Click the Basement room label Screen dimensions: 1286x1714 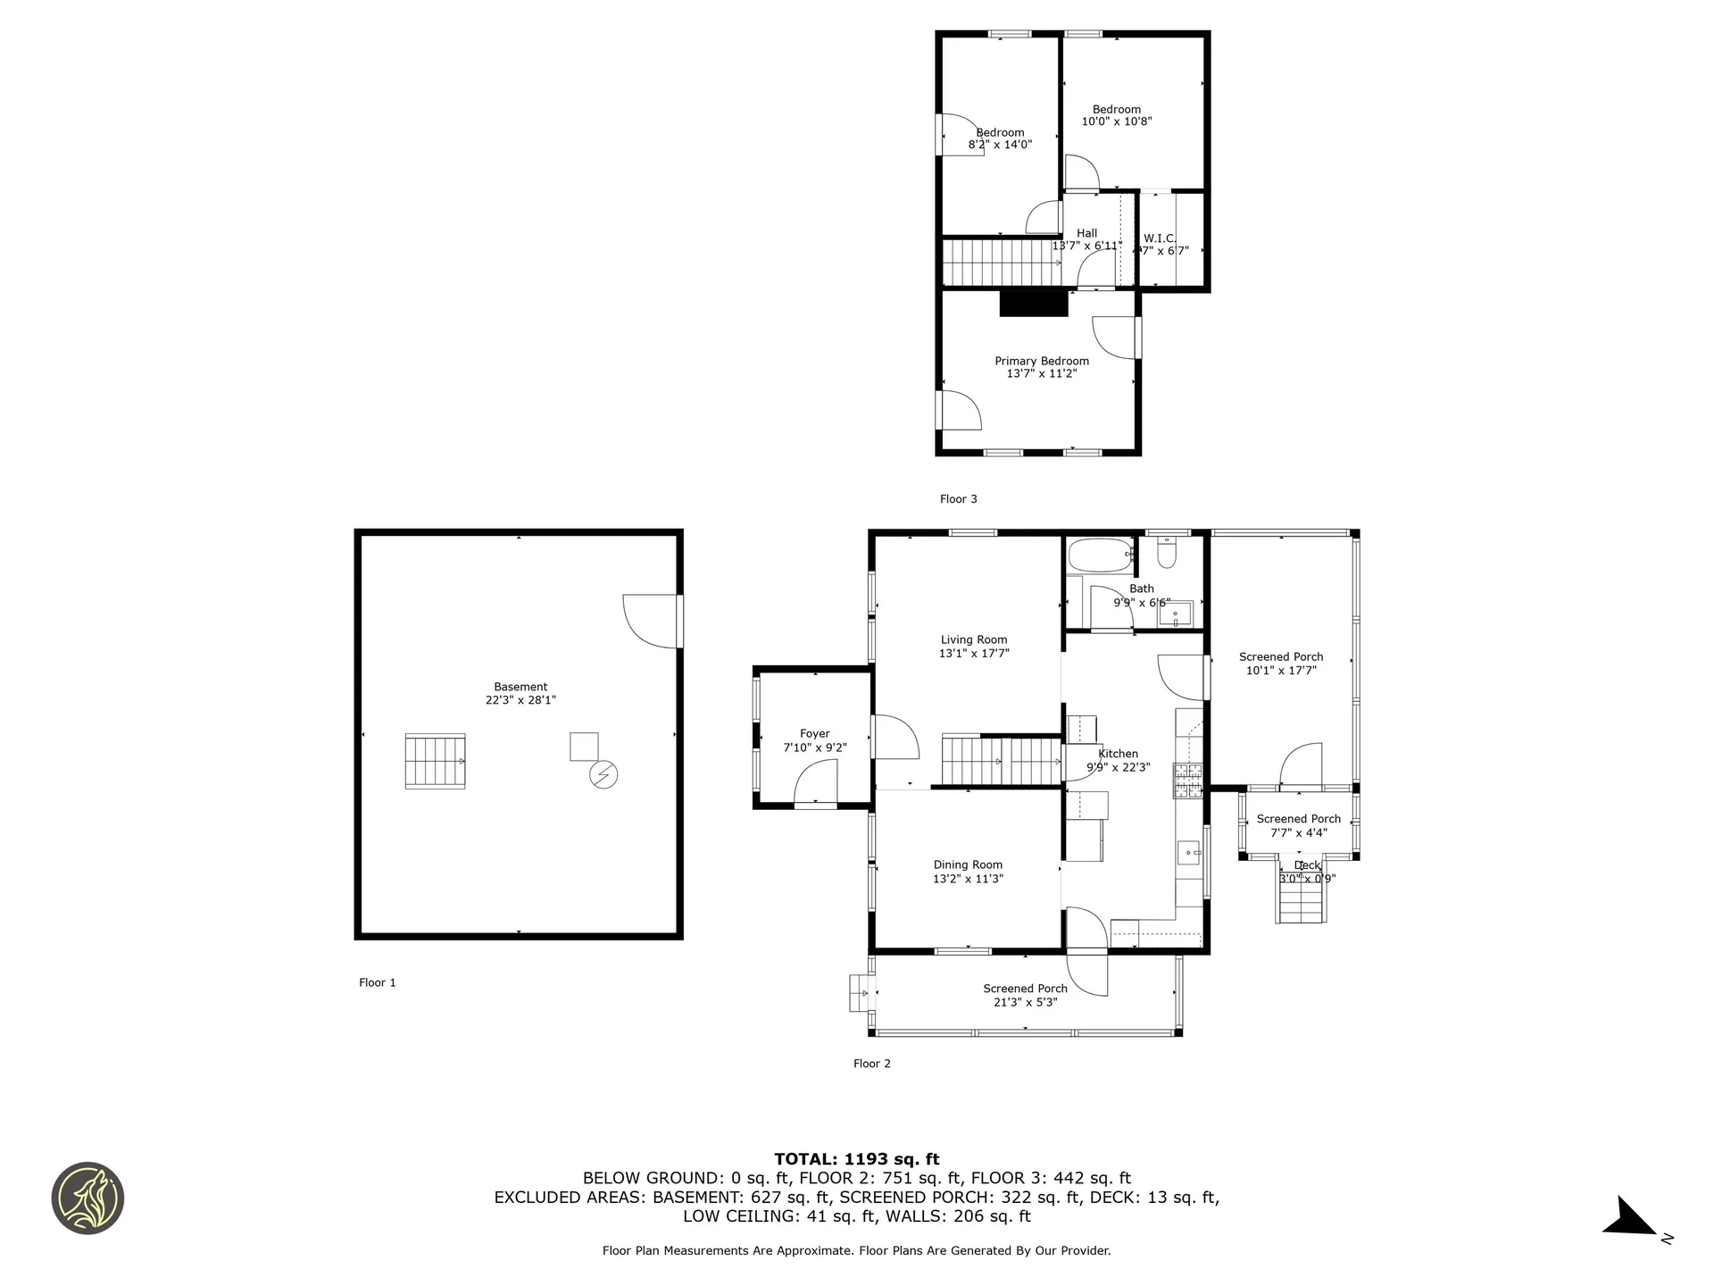click(x=520, y=687)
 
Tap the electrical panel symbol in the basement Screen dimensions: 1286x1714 click(x=603, y=774)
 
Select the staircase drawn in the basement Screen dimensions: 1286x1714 click(x=435, y=761)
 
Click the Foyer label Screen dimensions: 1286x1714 click(x=814, y=733)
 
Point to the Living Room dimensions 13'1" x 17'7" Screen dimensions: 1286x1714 click(x=973, y=654)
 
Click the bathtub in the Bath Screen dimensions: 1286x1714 click(x=1100, y=555)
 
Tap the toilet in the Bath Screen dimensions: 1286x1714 click(x=1167, y=555)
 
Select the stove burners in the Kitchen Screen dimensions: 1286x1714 click(x=1188, y=781)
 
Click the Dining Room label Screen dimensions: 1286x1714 click(x=968, y=864)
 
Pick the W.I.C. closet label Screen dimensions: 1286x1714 click(x=1160, y=238)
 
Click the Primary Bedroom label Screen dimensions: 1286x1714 click(x=1042, y=361)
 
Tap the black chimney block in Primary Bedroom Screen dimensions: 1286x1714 click(x=1034, y=303)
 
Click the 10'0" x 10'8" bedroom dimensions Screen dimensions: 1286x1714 click(x=1117, y=121)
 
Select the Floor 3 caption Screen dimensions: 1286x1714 click(x=958, y=499)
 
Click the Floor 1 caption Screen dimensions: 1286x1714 click(x=377, y=982)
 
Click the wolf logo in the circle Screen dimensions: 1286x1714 click(x=87, y=1198)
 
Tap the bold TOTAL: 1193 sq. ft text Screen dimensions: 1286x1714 click(x=856, y=1159)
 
